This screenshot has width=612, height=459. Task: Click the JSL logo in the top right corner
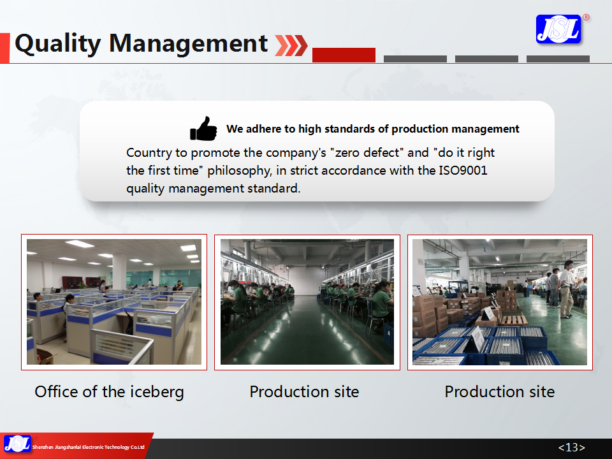pyautogui.click(x=558, y=29)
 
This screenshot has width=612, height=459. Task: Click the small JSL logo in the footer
pyautogui.click(x=17, y=444)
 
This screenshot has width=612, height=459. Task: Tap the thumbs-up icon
pyautogui.click(x=203, y=128)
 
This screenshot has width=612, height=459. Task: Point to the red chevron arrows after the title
pyautogui.click(x=291, y=45)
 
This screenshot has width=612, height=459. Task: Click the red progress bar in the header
pyautogui.click(x=344, y=55)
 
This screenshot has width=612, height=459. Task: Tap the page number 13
pyautogui.click(x=572, y=448)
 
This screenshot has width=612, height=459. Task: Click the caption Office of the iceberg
pyautogui.click(x=109, y=392)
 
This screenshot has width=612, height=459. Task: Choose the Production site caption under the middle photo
pyautogui.click(x=304, y=391)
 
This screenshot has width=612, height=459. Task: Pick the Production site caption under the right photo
pyautogui.click(x=500, y=391)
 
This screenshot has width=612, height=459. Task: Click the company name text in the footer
pyautogui.click(x=88, y=448)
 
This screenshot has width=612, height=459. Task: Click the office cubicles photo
pyautogui.click(x=114, y=302)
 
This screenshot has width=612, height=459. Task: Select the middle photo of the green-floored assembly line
pyautogui.click(x=307, y=302)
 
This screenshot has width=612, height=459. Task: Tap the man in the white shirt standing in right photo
pyautogui.click(x=566, y=289)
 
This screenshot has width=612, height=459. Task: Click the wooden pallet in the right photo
pyautogui.click(x=514, y=321)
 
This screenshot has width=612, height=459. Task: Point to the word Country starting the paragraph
pyautogui.click(x=149, y=152)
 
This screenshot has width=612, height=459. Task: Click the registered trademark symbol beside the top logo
pyautogui.click(x=586, y=17)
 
